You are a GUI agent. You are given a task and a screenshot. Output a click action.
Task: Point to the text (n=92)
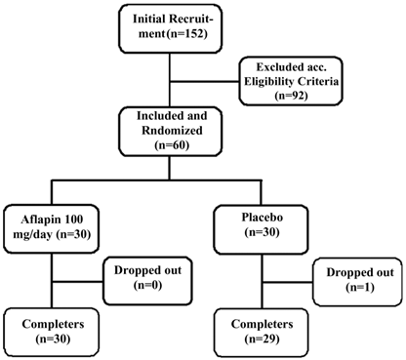click(292, 97)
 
